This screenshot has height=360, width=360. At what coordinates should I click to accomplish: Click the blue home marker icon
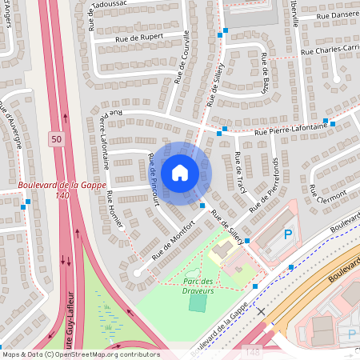click(x=180, y=173)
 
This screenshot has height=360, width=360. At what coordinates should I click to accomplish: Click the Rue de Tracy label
click(x=239, y=169)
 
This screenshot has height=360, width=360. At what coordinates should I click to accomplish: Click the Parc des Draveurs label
click(x=197, y=286)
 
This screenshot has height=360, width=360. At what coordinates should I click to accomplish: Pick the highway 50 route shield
click(x=54, y=138)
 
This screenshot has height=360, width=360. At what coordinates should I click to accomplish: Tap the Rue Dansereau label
click(x=337, y=15)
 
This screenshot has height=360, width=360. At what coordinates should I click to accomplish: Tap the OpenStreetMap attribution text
click(x=80, y=354)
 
